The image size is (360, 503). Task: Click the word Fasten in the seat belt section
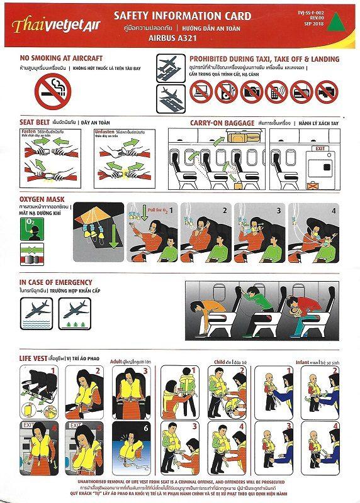pos(28,130)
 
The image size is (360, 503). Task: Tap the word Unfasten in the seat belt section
pos(104,130)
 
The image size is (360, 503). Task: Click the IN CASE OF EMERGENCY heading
pos(55,282)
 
